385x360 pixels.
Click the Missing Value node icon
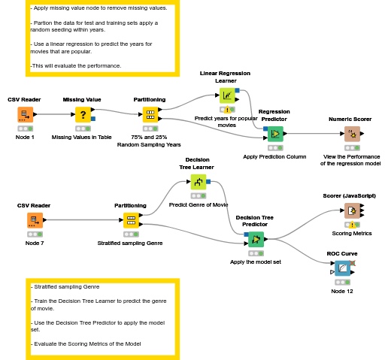click(83, 115)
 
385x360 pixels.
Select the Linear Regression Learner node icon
click(226, 95)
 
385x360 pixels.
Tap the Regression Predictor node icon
click(274, 134)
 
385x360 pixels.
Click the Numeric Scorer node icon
click(351, 135)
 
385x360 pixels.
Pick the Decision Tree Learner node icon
click(198, 181)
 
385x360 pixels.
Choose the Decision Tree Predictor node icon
click(256, 240)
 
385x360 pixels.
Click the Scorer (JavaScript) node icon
click(350, 210)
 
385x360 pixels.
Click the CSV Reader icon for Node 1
click(25, 115)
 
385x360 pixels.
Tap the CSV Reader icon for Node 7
click(35, 220)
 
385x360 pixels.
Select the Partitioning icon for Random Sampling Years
click(150, 115)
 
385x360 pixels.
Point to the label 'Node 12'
click(342, 291)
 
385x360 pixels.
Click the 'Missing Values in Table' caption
click(82, 138)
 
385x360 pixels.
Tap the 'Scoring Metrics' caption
click(352, 233)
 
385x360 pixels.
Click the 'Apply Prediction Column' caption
click(274, 156)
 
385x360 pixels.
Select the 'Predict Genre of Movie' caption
click(199, 204)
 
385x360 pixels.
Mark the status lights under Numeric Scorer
click(351, 148)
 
